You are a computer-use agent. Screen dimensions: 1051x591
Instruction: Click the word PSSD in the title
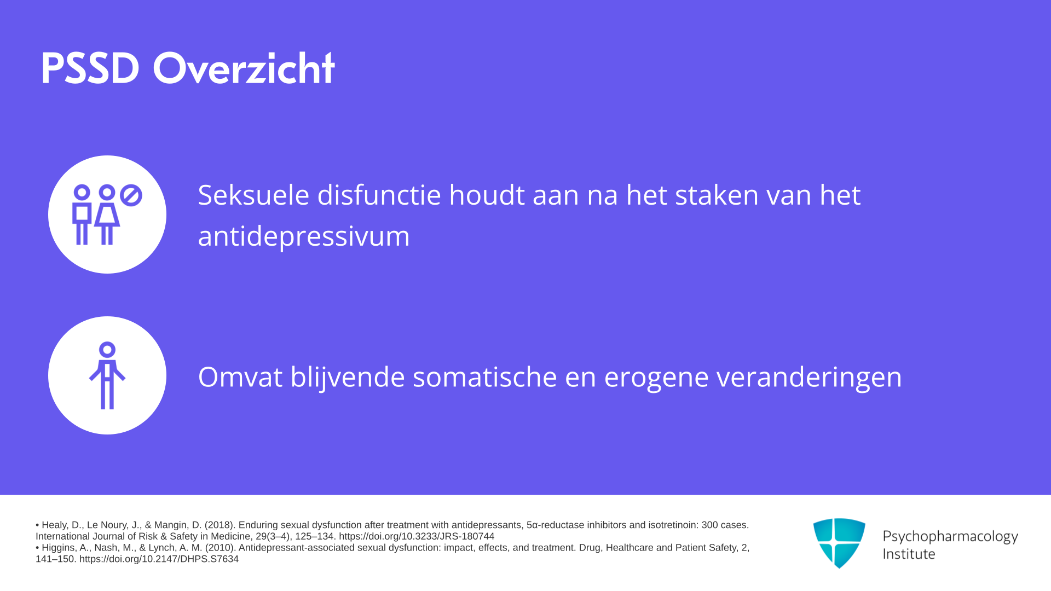click(x=90, y=68)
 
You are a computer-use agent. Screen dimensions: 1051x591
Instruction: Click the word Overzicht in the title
click(x=244, y=67)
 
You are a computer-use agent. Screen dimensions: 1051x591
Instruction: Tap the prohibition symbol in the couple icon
click(x=131, y=195)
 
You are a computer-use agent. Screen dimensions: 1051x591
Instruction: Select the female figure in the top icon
click(x=107, y=215)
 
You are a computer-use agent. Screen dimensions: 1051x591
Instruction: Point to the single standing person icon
click(x=107, y=375)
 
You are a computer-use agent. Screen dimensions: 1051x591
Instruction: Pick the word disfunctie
click(x=379, y=195)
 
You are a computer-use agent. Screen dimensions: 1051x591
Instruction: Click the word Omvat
click(x=240, y=377)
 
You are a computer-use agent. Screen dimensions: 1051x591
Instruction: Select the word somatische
click(x=484, y=377)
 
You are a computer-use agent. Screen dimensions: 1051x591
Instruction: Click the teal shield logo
click(x=839, y=543)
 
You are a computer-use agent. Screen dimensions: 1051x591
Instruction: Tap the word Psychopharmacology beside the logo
click(x=950, y=537)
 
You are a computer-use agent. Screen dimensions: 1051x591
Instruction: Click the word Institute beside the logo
click(x=909, y=554)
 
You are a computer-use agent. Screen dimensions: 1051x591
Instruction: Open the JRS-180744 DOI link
click(x=417, y=536)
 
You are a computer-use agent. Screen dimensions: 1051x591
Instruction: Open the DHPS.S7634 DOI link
click(x=159, y=559)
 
